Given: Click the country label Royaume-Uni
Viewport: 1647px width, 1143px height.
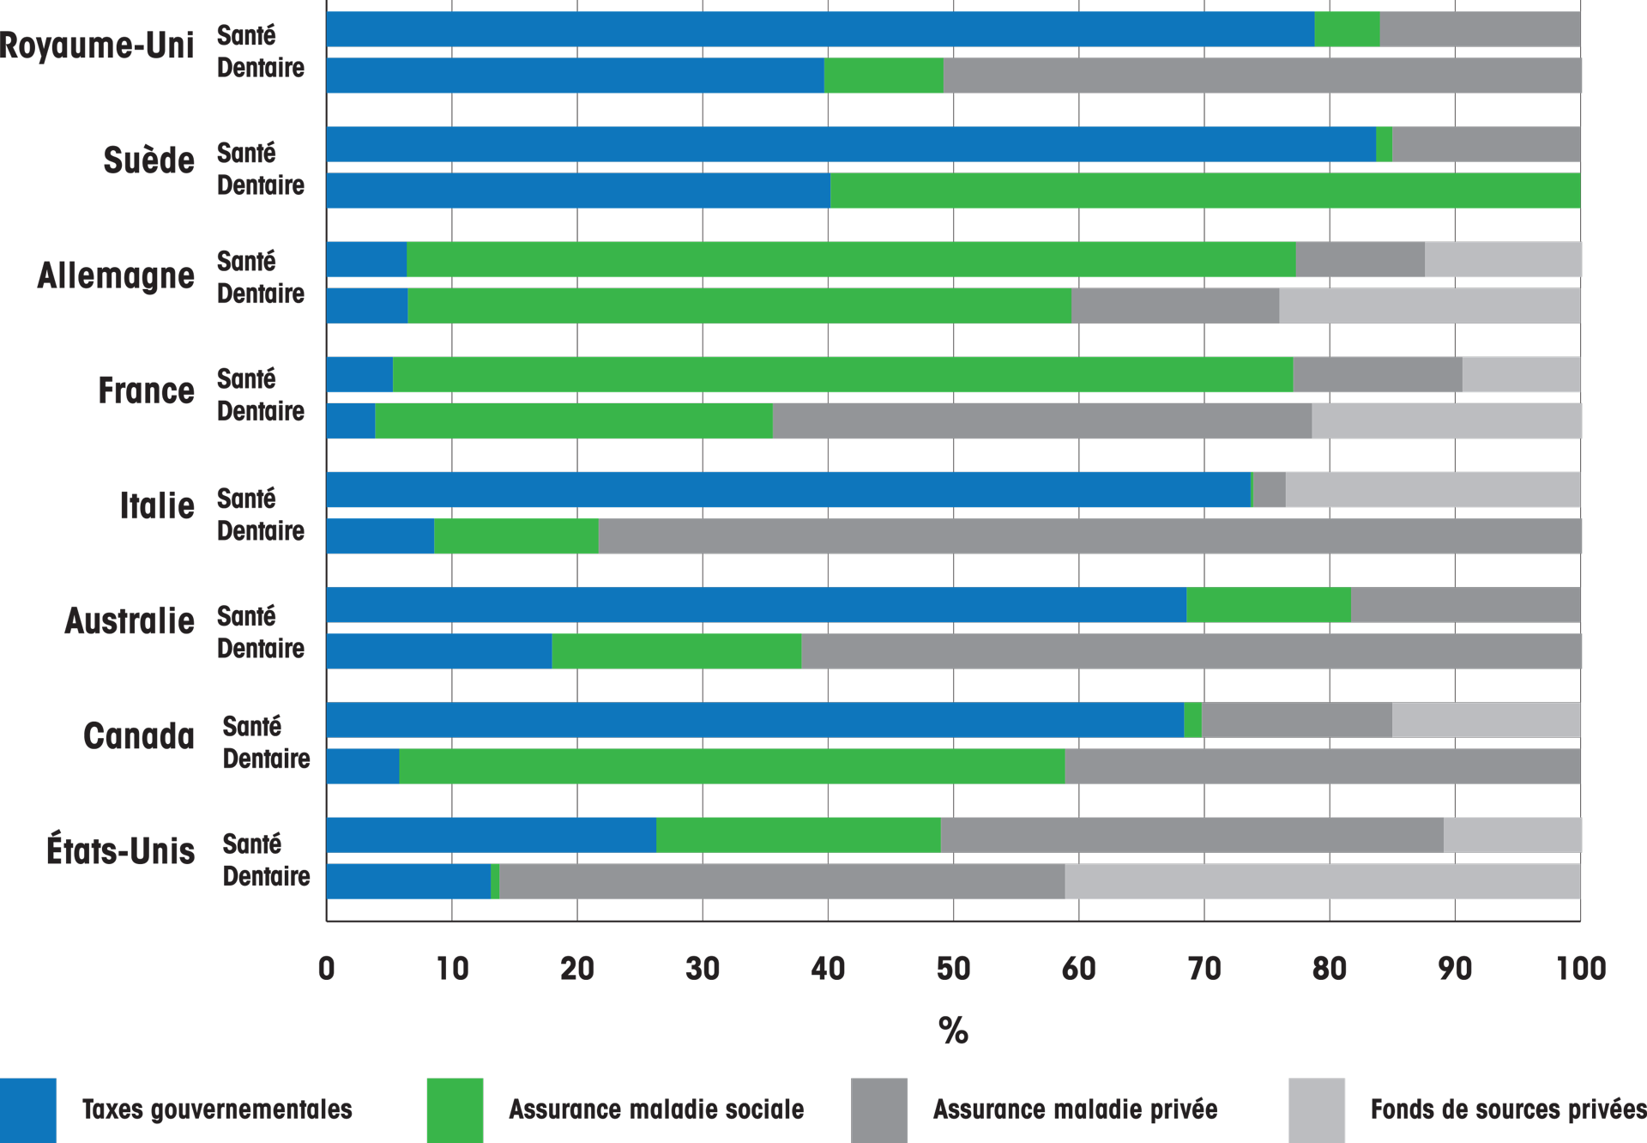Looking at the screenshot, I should (97, 45).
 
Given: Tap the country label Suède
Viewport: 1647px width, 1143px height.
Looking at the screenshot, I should (148, 160).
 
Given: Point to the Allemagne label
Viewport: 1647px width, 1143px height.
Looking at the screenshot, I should (116, 275).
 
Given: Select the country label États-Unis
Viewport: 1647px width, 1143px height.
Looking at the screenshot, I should (120, 851).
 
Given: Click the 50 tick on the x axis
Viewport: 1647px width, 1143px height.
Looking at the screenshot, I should (953, 969).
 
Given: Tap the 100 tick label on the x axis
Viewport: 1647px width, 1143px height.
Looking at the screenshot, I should (1580, 969).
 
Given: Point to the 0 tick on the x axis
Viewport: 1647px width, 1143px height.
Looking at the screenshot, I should (327, 969).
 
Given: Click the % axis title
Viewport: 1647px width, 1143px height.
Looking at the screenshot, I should (953, 1031).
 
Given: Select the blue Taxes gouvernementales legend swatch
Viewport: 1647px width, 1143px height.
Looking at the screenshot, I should (28, 1110).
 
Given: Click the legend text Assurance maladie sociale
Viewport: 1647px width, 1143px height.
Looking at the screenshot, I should (656, 1110).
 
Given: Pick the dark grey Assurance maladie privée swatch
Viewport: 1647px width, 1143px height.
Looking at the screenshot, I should (879, 1110).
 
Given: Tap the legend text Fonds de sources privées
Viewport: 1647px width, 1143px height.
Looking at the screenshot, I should (1507, 1110).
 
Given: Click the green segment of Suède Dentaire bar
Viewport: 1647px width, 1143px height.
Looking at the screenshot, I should (1205, 190).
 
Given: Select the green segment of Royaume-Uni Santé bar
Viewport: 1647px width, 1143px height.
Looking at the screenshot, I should (1347, 29).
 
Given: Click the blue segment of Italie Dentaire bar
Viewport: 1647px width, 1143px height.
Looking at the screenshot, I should (380, 536).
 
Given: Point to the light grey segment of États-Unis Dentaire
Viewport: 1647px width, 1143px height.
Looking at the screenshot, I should (1322, 881).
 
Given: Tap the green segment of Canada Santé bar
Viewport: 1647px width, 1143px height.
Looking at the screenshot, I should (1192, 720).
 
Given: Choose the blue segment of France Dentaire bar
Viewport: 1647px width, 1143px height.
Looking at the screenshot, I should (351, 421).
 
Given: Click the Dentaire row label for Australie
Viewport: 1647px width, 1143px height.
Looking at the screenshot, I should (260, 649).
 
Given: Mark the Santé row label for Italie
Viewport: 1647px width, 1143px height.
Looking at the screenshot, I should (246, 499).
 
